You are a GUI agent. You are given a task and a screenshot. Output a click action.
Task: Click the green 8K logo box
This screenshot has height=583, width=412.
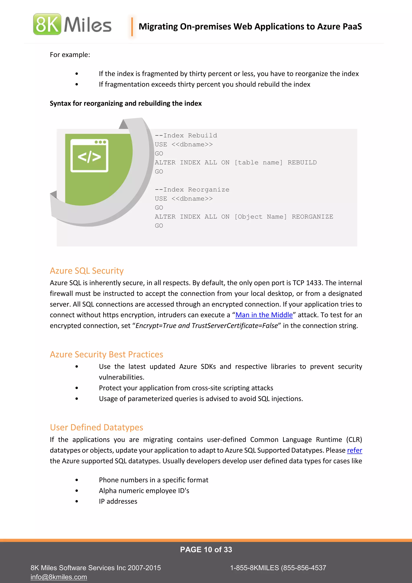coord(47,24)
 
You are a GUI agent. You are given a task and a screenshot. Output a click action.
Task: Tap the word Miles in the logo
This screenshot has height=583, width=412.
coord(88,25)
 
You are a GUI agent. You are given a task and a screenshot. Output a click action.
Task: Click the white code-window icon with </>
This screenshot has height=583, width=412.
coord(89,156)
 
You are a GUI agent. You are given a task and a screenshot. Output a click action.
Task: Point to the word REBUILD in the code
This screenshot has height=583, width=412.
coord(302,162)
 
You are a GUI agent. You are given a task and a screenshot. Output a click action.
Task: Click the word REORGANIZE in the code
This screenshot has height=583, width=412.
coord(312,217)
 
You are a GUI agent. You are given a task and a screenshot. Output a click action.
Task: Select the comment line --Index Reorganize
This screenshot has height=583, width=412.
coord(192,190)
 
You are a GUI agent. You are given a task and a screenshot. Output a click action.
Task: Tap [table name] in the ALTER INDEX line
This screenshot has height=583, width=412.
coord(258,162)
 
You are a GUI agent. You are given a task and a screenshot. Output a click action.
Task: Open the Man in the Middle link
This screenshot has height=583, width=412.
coord(264,315)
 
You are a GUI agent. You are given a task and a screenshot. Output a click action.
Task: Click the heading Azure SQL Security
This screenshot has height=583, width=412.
coord(87,271)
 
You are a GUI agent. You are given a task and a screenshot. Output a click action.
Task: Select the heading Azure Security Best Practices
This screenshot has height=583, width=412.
coord(106,355)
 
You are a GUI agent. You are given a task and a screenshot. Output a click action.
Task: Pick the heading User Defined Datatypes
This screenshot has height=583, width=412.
coord(96,428)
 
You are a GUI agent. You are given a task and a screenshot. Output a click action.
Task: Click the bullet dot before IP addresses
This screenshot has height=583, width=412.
coord(77,501)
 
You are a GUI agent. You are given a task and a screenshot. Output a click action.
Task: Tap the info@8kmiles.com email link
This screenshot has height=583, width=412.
coord(59,577)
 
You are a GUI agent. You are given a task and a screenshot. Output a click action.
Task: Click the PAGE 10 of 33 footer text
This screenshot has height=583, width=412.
coord(206,550)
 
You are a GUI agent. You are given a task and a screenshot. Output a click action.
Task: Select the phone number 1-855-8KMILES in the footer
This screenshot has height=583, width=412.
coord(254,568)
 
